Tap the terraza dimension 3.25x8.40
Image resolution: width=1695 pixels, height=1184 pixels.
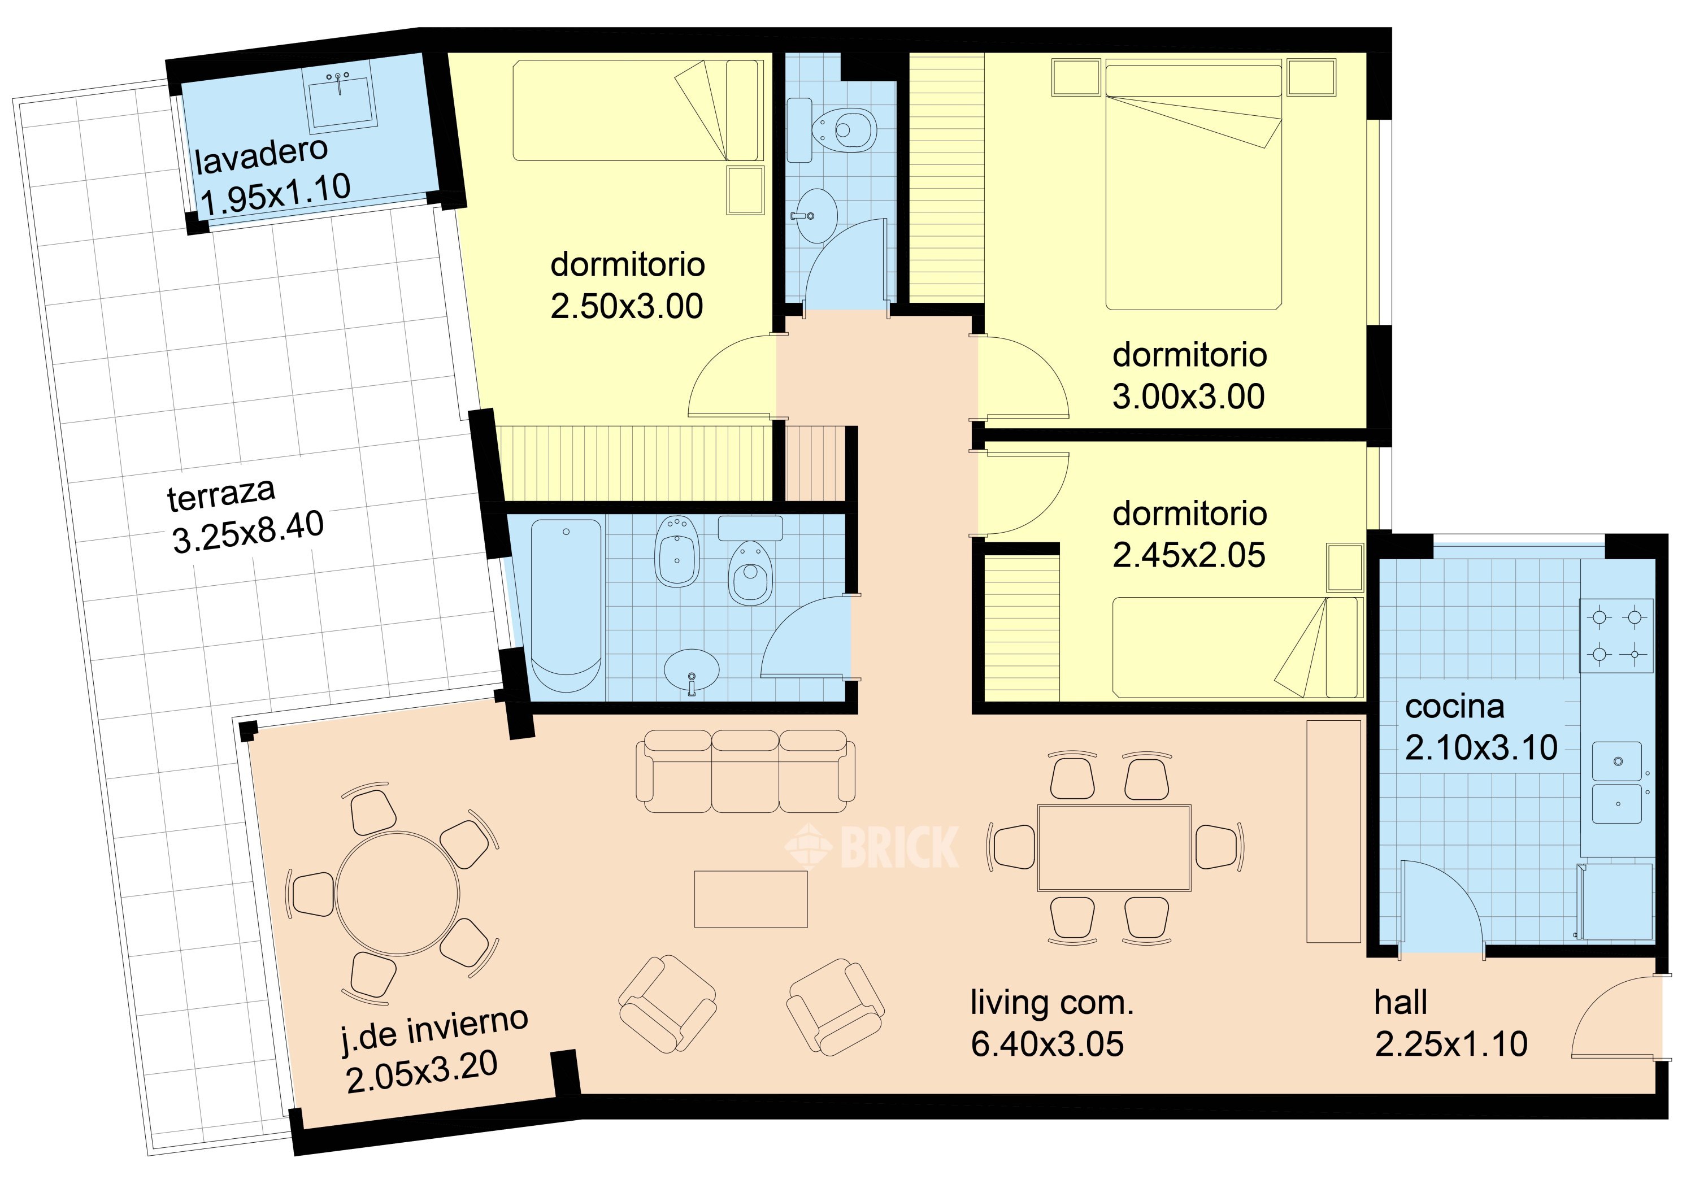coord(248,532)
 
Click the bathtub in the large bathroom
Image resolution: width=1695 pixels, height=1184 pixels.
coord(567,606)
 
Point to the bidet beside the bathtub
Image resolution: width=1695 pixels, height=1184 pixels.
coord(677,551)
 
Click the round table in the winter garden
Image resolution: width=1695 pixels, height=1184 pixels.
coord(397,893)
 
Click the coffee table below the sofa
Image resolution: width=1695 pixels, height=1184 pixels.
coord(751,898)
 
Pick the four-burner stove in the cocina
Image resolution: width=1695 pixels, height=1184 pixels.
coord(1616,635)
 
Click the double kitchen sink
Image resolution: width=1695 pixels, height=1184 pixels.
coord(1616,782)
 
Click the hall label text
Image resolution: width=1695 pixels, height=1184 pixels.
coord(1401,1003)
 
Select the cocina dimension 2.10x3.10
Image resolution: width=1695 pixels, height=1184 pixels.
coord(1481,748)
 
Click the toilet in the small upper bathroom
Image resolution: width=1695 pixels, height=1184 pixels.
coord(845,130)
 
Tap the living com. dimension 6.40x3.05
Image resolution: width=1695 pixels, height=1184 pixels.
coord(1047,1044)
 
